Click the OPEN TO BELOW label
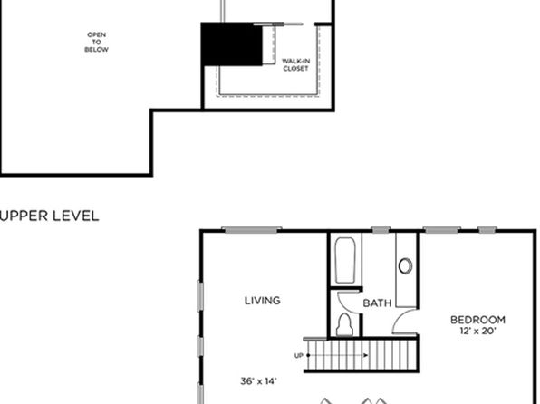(96, 42)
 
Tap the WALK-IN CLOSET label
(296, 64)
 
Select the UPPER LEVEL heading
(50, 216)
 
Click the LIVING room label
(263, 301)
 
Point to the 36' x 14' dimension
(258, 381)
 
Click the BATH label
(377, 303)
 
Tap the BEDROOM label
(477, 320)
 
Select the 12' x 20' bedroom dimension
(477, 331)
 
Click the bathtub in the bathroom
(345, 260)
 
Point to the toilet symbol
(344, 324)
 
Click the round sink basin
(405, 266)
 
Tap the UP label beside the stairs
(299, 355)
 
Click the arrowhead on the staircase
(365, 355)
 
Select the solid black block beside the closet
(231, 44)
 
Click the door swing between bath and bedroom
(404, 321)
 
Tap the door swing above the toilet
(348, 303)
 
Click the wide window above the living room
(251, 230)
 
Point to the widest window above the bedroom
(442, 230)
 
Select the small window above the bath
(381, 230)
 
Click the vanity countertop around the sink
(406, 270)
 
